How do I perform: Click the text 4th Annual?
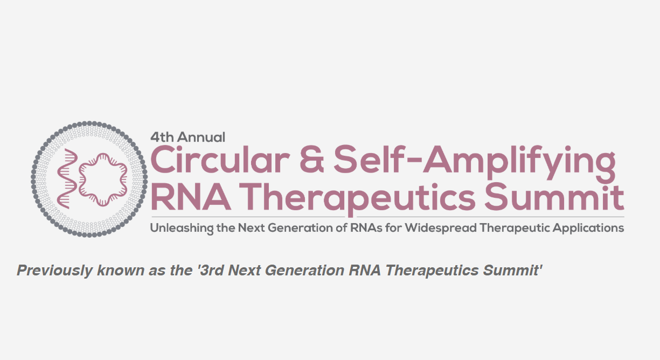(x=187, y=137)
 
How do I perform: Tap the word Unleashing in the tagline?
(x=180, y=228)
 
